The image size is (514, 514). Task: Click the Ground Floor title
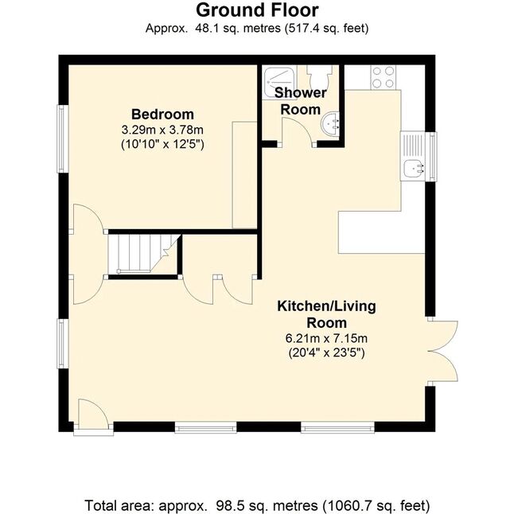click(x=257, y=10)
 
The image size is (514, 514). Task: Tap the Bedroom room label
click(x=162, y=115)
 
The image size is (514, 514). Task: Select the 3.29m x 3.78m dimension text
click(x=162, y=130)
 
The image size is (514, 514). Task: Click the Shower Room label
click(x=300, y=101)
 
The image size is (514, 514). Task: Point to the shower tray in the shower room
click(x=279, y=82)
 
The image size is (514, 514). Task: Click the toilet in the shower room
click(x=319, y=76)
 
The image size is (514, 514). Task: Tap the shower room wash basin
click(x=330, y=123)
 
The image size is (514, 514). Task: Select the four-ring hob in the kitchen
click(x=383, y=77)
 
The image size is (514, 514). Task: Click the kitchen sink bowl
click(x=412, y=169)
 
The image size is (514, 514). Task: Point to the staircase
click(x=142, y=253)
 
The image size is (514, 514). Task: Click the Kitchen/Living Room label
click(x=326, y=314)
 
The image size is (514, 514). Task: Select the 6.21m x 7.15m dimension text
click(x=326, y=338)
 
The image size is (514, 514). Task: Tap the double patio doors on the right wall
click(x=442, y=351)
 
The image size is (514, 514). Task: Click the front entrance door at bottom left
click(x=93, y=414)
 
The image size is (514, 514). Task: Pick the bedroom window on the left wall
click(x=63, y=138)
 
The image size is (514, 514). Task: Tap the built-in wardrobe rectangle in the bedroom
click(x=244, y=175)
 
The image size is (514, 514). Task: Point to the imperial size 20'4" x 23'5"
click(x=326, y=352)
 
